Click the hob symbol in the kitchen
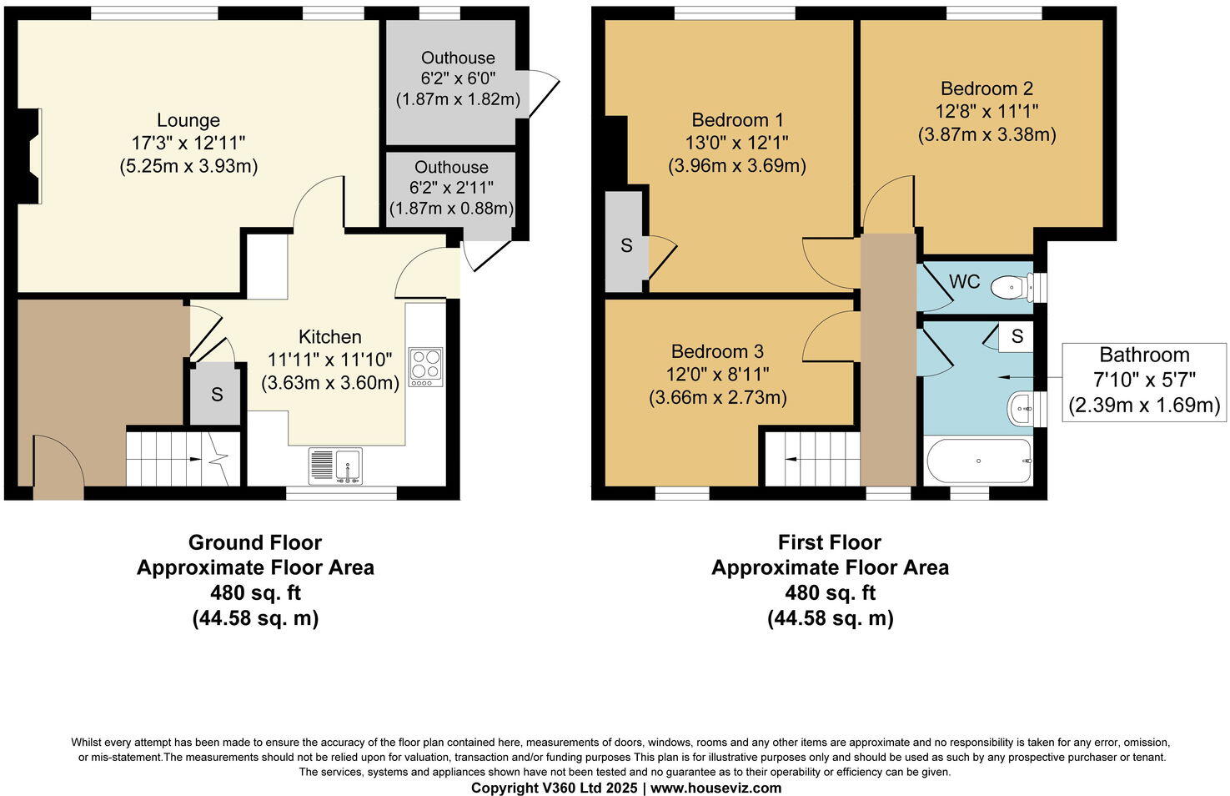[x=425, y=367]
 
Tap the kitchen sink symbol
[x=335, y=466]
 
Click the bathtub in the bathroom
[x=978, y=461]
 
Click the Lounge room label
[x=188, y=120]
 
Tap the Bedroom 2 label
[x=987, y=88]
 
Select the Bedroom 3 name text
[x=717, y=351]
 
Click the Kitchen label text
[x=330, y=336]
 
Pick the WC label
[x=965, y=281]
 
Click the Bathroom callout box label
[x=1144, y=355]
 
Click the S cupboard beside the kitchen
[x=217, y=394]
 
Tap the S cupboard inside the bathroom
[x=1017, y=336]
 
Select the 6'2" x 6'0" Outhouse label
[x=458, y=78]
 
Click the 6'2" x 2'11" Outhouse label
[x=451, y=188]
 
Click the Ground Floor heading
[x=255, y=542]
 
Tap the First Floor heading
[x=830, y=542]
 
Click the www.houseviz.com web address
[x=716, y=788]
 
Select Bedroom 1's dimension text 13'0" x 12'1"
[x=736, y=143]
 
